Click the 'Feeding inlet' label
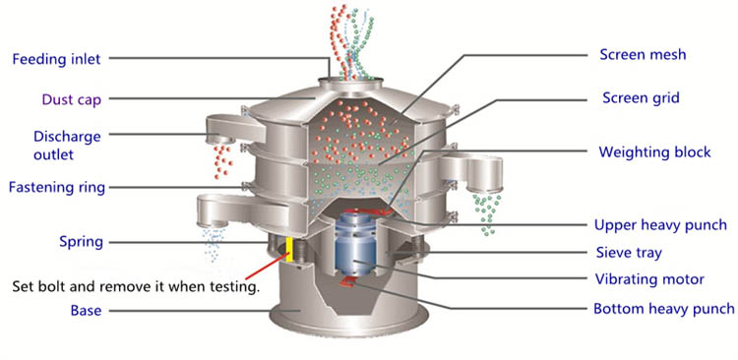click(x=56, y=59)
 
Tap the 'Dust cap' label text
click(x=72, y=99)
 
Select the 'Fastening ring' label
click(x=57, y=188)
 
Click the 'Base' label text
click(x=87, y=311)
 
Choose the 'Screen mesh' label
click(x=643, y=54)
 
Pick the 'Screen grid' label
click(x=641, y=98)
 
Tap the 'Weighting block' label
click(x=654, y=152)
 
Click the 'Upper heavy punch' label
click(x=661, y=225)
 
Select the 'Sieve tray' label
click(x=629, y=253)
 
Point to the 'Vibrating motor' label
click(x=649, y=279)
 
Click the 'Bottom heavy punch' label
click(x=663, y=309)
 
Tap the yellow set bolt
click(x=289, y=249)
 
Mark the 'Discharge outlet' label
click(x=67, y=145)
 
